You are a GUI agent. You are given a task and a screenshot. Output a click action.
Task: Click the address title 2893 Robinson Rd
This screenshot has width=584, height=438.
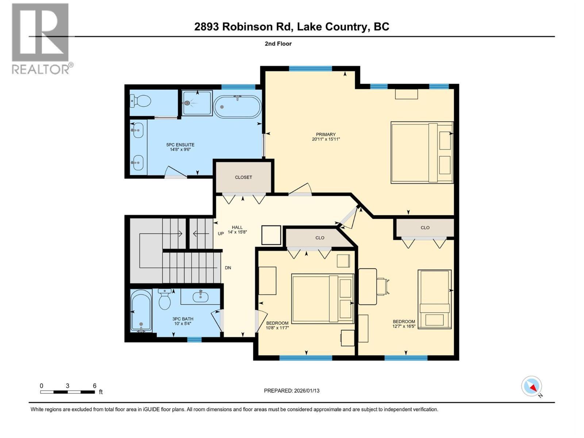point(292,27)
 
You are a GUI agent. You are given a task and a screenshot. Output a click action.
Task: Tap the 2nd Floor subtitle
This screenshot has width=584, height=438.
point(278,44)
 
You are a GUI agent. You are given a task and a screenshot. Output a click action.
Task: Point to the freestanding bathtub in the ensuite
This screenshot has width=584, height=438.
point(237,106)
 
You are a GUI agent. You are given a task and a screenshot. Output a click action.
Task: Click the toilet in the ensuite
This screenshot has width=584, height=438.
point(141,101)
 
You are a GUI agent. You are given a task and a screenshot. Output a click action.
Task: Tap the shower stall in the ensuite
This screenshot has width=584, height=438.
point(197,103)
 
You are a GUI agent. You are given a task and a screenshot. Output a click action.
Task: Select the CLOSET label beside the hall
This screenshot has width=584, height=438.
point(243,177)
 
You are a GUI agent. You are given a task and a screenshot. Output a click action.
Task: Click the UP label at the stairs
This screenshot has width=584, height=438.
point(220,234)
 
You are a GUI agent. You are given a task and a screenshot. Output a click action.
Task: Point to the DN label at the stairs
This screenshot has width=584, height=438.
point(228,268)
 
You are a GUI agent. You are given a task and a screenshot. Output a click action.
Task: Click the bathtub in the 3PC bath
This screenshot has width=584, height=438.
point(141,311)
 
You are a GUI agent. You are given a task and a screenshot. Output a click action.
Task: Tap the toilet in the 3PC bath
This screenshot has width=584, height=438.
point(165,300)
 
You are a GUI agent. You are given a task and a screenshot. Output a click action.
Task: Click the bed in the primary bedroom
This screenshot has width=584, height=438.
point(422,152)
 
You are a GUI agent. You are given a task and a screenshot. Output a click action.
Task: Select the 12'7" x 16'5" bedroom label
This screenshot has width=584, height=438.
point(404,324)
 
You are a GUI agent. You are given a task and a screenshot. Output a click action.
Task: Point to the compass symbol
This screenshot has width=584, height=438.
point(531,386)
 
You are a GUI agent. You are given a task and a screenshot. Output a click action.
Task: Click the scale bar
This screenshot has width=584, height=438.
point(68,392)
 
